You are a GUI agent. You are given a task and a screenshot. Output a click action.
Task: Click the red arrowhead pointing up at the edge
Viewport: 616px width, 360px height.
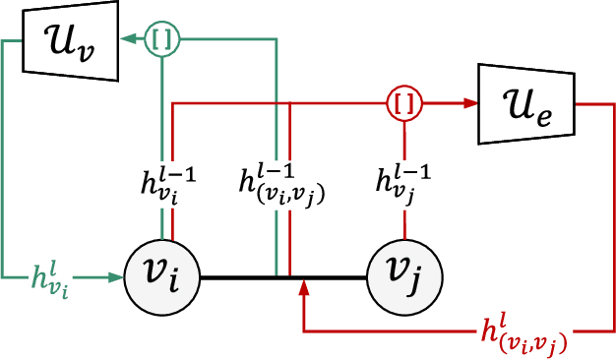coord(304,287)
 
